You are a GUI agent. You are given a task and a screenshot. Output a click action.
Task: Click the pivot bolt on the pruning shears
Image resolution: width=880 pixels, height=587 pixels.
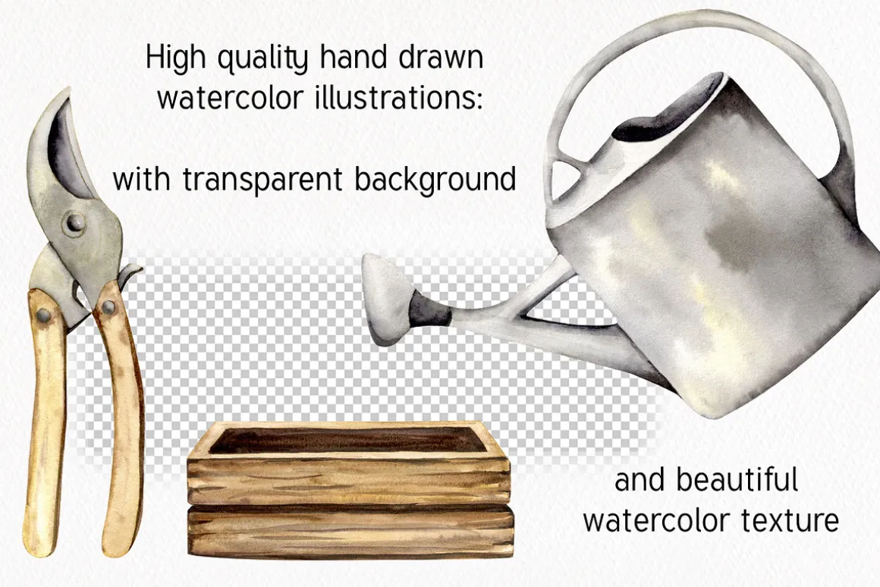(74, 224)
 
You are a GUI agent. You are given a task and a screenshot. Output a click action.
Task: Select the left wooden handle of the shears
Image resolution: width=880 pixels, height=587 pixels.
(44, 421)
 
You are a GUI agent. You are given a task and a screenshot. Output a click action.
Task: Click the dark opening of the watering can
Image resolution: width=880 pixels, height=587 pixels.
(668, 112)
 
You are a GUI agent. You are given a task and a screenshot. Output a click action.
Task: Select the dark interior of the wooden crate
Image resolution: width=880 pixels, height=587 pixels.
(348, 440)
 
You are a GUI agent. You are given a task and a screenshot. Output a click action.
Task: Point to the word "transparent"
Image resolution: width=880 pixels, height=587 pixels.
(263, 180)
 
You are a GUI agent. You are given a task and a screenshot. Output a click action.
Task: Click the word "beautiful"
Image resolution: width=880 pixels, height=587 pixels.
(737, 480)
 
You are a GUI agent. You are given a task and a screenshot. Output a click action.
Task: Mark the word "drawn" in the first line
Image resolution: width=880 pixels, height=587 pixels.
(441, 58)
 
